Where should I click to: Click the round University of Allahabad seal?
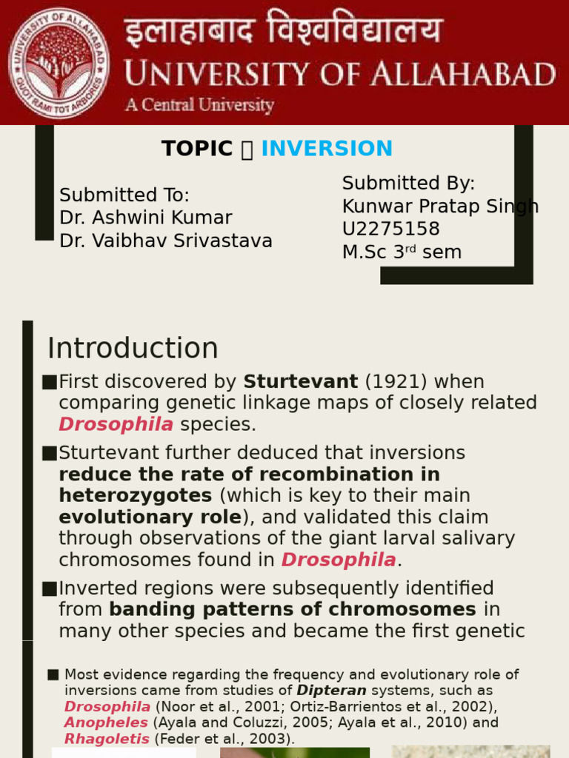point(59,62)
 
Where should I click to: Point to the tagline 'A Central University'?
point(199,105)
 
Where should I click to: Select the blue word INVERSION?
point(327,149)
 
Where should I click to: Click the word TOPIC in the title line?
point(197,149)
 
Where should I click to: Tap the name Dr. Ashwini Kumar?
point(145,218)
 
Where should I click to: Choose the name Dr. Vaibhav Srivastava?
point(165,241)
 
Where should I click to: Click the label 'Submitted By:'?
point(408,184)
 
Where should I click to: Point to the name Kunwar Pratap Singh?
point(440,207)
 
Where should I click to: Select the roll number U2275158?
point(390,229)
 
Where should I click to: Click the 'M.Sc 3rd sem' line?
point(402,252)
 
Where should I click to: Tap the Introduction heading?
point(133,349)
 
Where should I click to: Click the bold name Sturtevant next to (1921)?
point(300,382)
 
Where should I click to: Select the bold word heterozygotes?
point(135,495)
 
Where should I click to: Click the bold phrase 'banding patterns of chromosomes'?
point(293,609)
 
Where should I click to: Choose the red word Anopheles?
point(107,722)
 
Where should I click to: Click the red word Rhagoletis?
point(107,738)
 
